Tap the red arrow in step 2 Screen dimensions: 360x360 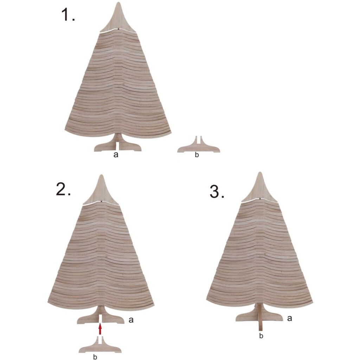[100, 329]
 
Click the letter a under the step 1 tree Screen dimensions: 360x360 [116, 155]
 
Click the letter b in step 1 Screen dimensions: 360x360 [197, 155]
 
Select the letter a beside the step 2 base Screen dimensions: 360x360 [131, 320]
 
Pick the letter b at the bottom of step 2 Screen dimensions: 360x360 [95, 357]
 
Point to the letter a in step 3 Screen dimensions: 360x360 [289, 318]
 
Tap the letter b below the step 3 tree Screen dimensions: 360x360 [261, 336]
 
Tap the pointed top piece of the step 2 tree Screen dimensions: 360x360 [101, 192]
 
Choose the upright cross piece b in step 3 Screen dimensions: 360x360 [261, 318]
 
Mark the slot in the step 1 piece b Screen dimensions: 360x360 [199, 140]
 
